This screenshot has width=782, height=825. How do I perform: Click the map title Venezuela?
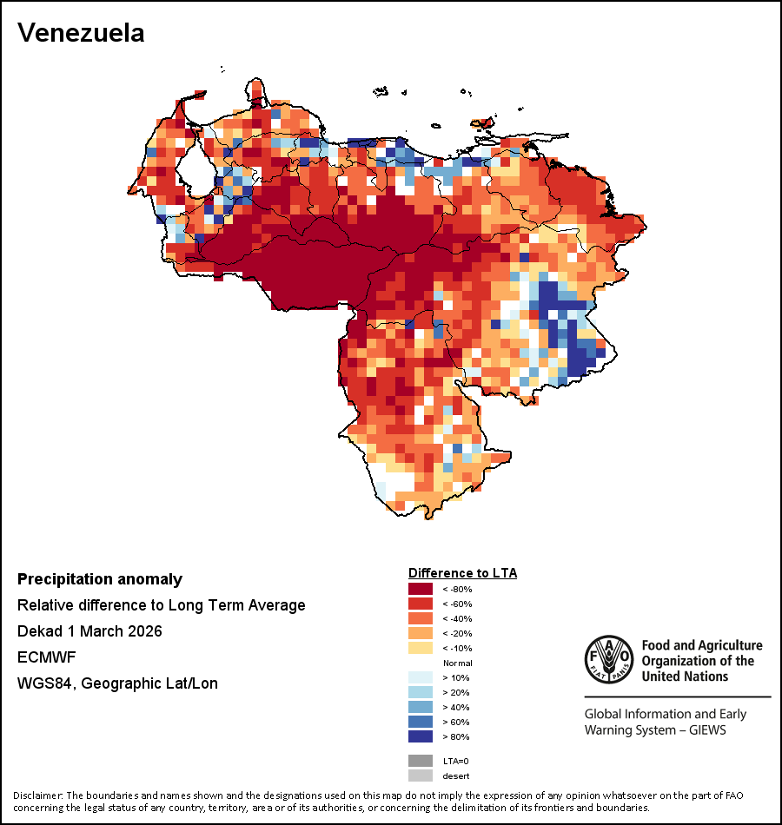pos(81,33)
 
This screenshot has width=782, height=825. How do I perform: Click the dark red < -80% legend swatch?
pos(421,589)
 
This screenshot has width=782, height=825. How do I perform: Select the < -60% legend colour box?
pos(421,604)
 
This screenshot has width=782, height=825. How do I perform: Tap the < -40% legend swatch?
pos(421,618)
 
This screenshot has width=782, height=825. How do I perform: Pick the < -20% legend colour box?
pos(421,633)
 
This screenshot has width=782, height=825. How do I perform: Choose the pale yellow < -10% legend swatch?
pos(421,648)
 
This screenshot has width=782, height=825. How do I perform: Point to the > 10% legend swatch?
pos(421,677)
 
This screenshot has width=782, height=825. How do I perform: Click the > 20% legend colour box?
pos(421,692)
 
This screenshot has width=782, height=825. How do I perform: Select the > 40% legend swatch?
pos(421,707)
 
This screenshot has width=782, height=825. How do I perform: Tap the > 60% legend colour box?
pos(421,722)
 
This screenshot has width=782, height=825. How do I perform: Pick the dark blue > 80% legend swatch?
pos(421,736)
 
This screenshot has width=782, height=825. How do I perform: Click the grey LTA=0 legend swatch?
pos(421,761)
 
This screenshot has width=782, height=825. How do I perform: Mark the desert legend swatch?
pos(421,775)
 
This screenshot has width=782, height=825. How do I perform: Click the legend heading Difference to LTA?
pos(462,573)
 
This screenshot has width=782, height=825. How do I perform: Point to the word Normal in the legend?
pos(457,663)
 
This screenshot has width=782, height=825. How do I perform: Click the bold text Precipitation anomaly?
pos(100,579)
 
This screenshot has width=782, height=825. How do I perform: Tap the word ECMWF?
pos(42,657)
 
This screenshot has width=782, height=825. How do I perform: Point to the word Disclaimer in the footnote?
pos(37,795)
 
